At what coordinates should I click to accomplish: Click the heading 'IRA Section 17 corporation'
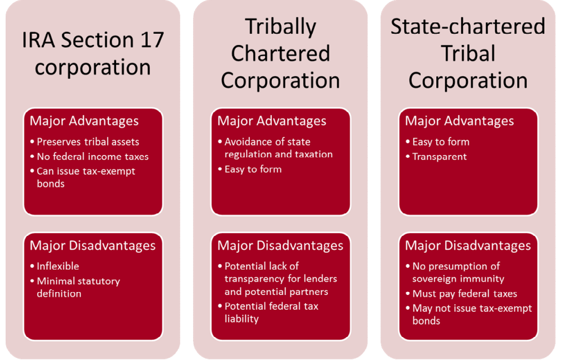point(93,53)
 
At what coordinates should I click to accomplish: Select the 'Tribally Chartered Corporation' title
point(280,53)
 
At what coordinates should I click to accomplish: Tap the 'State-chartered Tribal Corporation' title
point(468,53)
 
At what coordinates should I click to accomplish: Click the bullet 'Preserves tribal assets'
point(88,142)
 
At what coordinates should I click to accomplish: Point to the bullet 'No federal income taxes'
point(93,157)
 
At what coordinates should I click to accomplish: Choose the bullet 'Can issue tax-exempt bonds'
point(86,177)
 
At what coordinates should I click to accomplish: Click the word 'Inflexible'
point(58,266)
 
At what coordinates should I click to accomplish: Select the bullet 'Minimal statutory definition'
point(78,287)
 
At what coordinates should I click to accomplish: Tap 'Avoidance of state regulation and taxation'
point(278,148)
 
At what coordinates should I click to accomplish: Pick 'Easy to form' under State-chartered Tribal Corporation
point(441,142)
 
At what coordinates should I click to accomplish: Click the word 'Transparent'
point(440,157)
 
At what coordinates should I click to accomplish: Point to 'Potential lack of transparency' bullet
point(281,279)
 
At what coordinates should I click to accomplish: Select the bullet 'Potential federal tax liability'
point(271,312)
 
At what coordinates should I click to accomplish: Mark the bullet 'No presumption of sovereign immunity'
point(458,272)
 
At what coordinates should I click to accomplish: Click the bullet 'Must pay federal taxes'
point(464,293)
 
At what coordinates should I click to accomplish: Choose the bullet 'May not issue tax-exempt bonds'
point(472,314)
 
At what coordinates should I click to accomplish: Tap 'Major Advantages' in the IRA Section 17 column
point(84,121)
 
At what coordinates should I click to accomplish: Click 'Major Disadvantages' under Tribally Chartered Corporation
point(280,246)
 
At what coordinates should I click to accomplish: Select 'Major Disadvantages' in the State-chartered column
point(468,246)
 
